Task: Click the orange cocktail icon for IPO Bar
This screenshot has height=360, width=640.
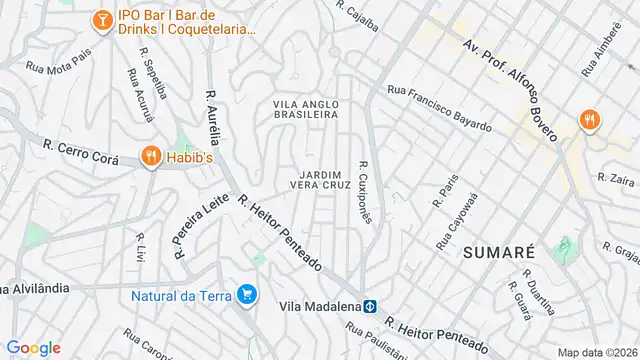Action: tap(102, 19)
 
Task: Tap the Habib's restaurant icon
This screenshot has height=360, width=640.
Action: tap(151, 156)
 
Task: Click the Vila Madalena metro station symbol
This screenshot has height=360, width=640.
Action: tap(369, 306)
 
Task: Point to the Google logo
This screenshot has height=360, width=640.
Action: tap(33, 347)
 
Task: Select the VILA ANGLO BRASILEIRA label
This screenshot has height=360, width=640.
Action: tap(306, 109)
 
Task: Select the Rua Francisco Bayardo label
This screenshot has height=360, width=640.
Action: tap(440, 108)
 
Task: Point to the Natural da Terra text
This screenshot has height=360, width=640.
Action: tap(181, 295)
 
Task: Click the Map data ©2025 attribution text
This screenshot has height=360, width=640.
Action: tap(596, 352)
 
